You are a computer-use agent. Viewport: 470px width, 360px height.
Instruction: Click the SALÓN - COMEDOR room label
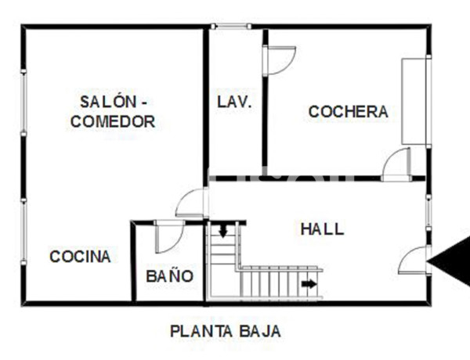point(114,111)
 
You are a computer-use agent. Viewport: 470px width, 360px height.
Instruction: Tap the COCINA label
point(80,256)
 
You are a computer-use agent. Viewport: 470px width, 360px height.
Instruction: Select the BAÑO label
point(169,275)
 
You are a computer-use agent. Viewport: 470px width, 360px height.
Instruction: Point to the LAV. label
point(234,102)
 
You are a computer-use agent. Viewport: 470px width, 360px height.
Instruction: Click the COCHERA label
point(348,111)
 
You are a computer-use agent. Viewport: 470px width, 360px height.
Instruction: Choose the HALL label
point(322,229)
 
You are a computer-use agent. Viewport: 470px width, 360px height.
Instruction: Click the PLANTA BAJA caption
point(226,331)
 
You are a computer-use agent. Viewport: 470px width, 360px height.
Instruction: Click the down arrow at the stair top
point(223,231)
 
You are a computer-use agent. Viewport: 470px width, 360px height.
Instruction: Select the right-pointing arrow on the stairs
point(310,283)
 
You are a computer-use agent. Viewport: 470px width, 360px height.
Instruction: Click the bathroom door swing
point(168,237)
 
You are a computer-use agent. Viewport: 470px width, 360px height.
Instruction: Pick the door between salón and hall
point(192,203)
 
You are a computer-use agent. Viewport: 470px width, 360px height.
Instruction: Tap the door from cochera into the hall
point(397,164)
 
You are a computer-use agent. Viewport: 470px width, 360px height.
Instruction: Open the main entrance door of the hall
point(414,261)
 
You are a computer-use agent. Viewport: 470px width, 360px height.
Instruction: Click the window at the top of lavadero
point(231,27)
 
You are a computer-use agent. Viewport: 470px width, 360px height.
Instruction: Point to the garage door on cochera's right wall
point(414,101)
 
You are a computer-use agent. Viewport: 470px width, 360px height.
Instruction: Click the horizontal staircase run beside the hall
point(278,282)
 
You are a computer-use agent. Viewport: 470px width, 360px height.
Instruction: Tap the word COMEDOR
point(114,121)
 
